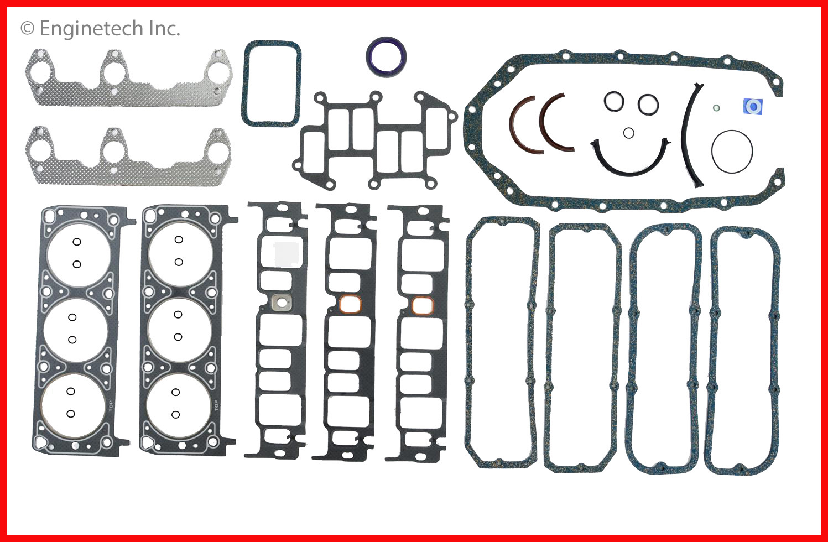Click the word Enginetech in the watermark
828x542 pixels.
pyautogui.click(x=91, y=29)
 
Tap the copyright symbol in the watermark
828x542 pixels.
pyautogui.click(x=27, y=28)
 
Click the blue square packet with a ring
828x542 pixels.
pyautogui.click(x=753, y=107)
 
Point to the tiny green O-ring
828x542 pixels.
pyautogui.click(x=716, y=108)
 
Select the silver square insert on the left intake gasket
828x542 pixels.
pyautogui.click(x=282, y=303)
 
